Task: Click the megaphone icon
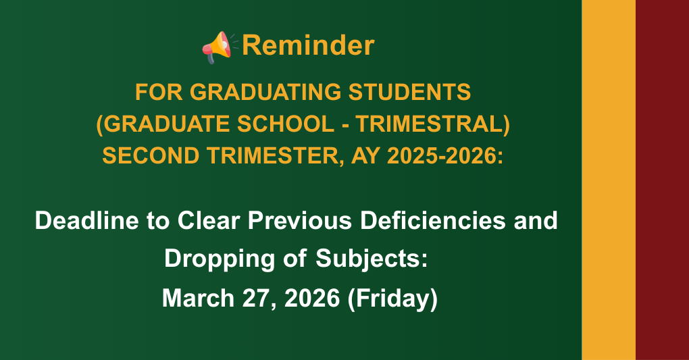click(218, 47)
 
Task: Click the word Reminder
click(307, 46)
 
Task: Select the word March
click(198, 297)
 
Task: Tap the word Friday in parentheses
click(392, 297)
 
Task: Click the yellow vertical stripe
click(608, 180)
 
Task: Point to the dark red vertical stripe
click(662, 180)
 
